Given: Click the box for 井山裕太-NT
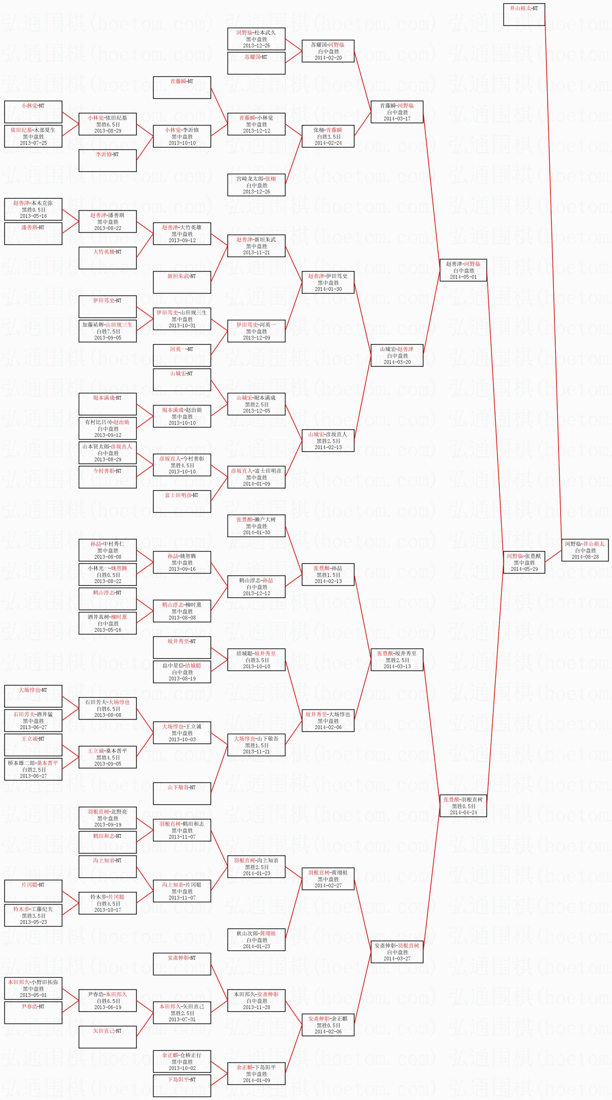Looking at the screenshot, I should (x=524, y=15).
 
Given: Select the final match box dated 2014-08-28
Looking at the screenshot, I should (x=584, y=551).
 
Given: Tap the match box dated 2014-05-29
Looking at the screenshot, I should (x=524, y=562).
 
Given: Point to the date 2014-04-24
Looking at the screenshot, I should (x=463, y=813).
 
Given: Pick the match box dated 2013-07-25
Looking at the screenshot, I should (x=33, y=136).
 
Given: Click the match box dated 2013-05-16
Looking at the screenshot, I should (x=33, y=209).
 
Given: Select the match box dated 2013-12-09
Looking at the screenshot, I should (x=256, y=331).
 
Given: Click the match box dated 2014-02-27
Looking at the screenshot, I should (x=328, y=879).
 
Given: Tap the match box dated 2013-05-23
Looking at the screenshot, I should (x=33, y=915).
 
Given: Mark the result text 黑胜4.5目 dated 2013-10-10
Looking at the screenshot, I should (x=182, y=465).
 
